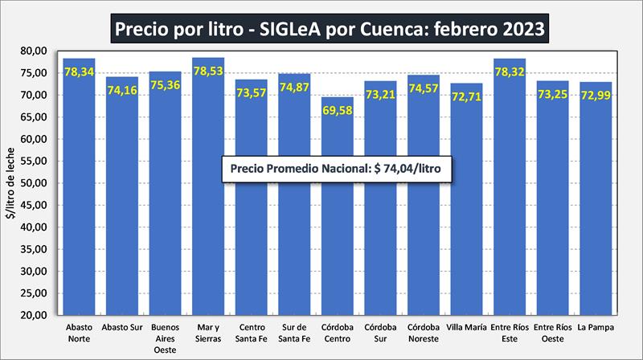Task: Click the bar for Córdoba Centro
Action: click(x=337, y=241)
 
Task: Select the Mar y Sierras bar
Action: click(x=208, y=241)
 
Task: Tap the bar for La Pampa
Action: click(x=596, y=241)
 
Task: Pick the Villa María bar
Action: click(x=466, y=241)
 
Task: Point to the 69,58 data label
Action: click(x=337, y=111)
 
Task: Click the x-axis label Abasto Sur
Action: click(x=122, y=329)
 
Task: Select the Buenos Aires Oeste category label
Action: click(x=165, y=337)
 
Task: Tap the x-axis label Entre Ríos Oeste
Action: click(x=552, y=333)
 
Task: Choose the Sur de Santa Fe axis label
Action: click(x=294, y=333)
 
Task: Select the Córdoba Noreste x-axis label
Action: click(x=423, y=333)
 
